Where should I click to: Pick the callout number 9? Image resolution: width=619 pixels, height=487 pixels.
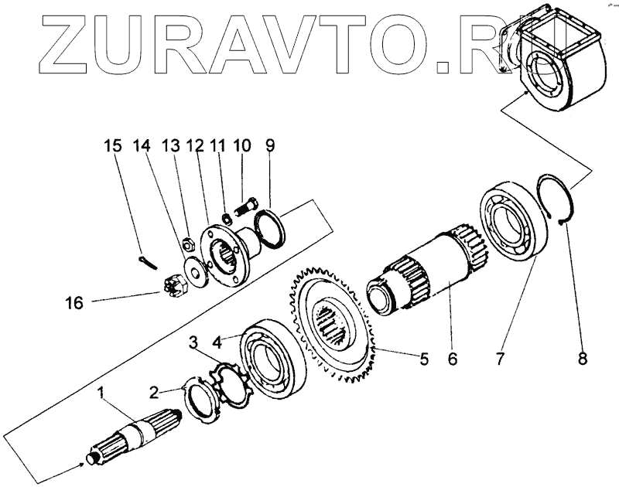(x=270, y=145)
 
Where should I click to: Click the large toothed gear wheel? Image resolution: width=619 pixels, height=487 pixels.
(x=333, y=324)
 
